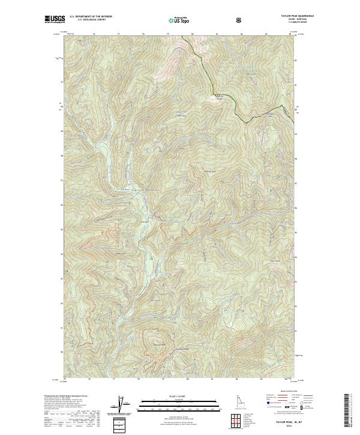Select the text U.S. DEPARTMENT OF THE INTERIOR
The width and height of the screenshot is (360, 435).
(91, 17)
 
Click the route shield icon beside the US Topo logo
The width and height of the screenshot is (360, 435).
(239, 20)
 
